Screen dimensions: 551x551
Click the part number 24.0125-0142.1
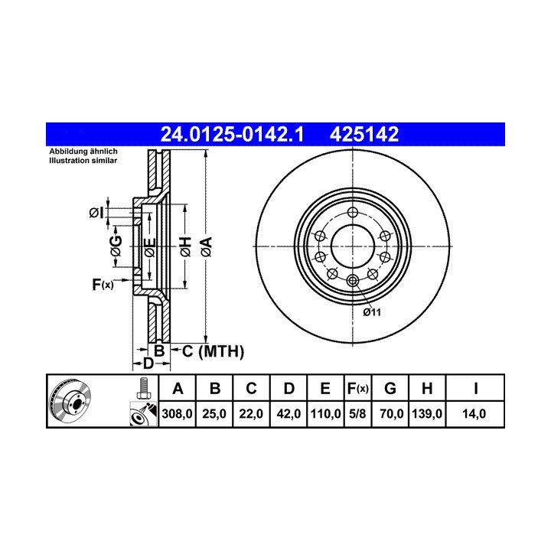(232, 134)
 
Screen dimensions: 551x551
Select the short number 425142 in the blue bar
(364, 134)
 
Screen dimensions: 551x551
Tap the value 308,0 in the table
(177, 413)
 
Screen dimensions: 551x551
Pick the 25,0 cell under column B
(214, 413)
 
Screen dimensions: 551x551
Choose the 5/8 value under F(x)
(357, 413)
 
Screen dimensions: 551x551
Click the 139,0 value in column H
(427, 413)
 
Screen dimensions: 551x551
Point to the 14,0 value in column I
(474, 413)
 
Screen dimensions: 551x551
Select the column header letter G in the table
(390, 389)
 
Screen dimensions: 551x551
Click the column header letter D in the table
(289, 389)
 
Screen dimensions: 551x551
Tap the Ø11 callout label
(372, 312)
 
